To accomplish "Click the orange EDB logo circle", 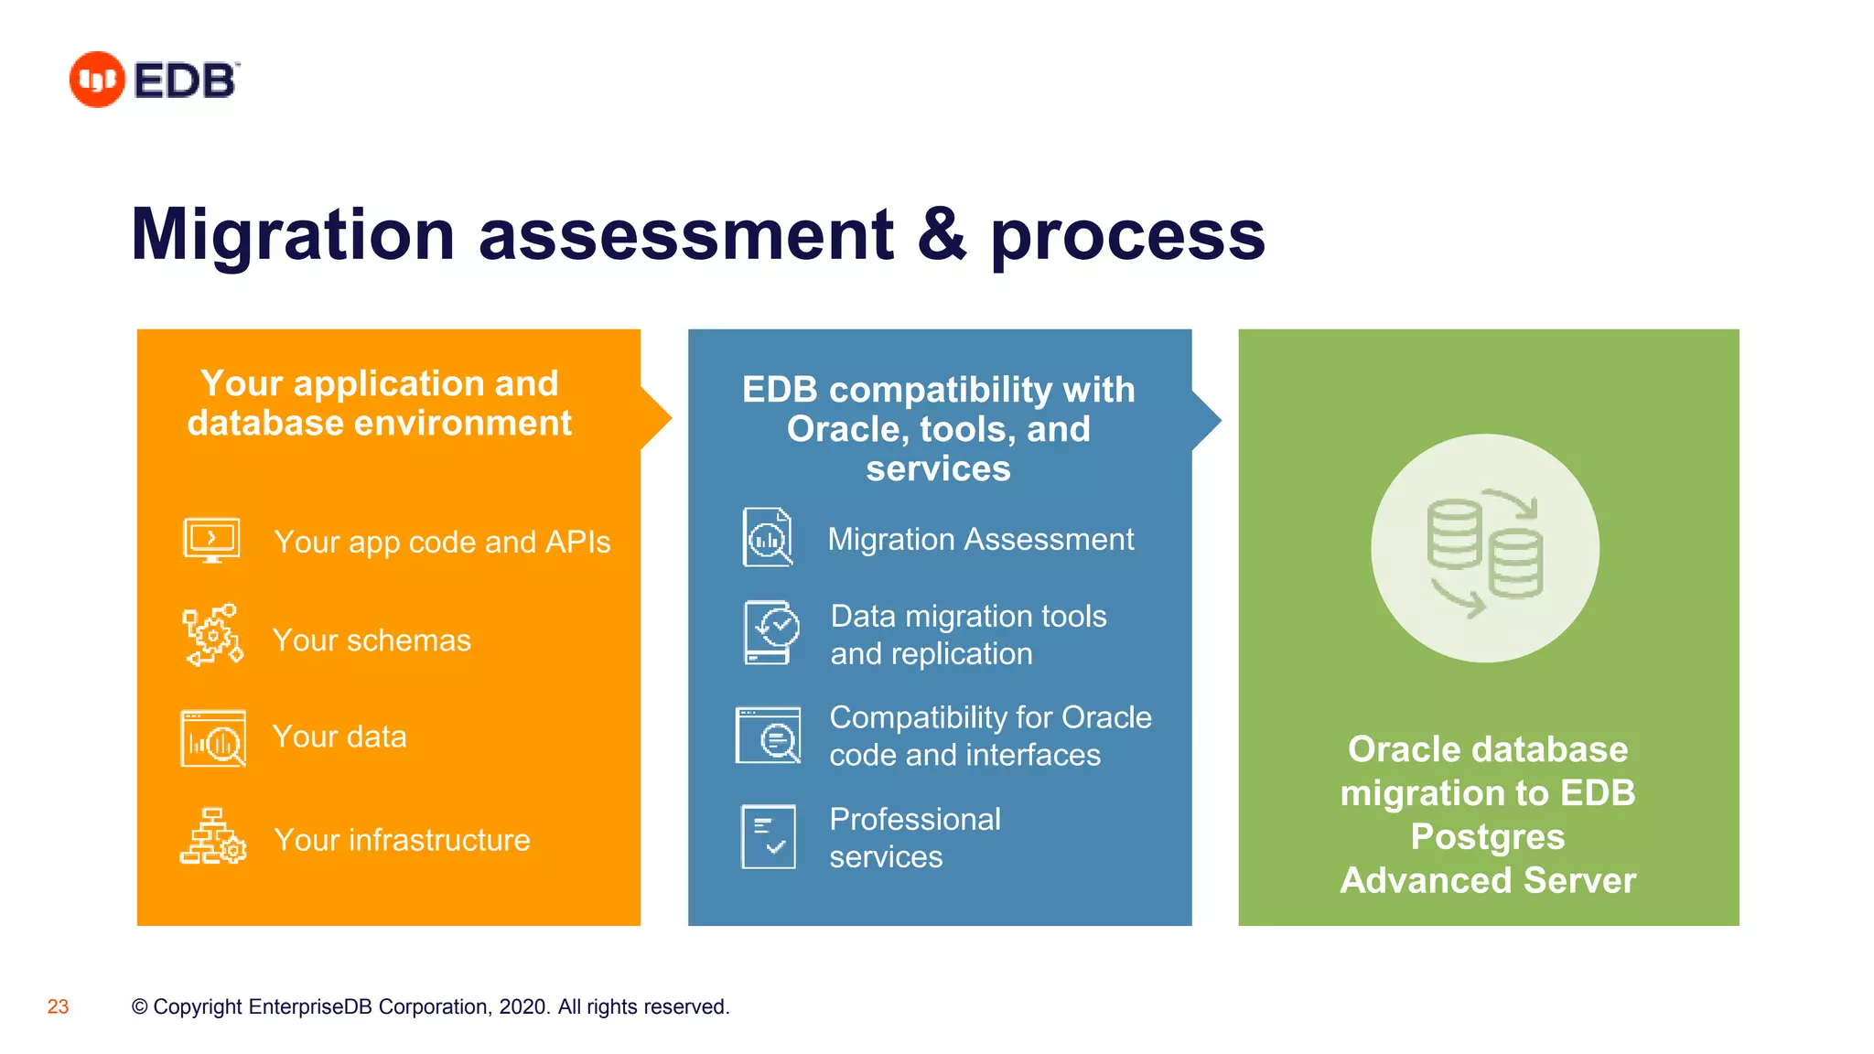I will [96, 80].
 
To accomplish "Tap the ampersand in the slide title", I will [942, 235].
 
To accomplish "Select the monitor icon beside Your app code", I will [211, 540].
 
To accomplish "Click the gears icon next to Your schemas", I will [213, 635].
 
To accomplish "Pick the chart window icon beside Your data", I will [213, 737].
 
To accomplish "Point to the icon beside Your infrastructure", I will [213, 836].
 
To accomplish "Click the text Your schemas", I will [372, 640].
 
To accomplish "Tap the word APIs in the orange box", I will [577, 542].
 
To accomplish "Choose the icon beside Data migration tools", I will [771, 632].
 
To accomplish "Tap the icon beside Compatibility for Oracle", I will [769, 735].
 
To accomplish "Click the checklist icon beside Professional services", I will [768, 836].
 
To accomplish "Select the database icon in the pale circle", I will [1484, 549].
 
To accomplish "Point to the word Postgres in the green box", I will [1487, 836].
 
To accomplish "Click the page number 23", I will [58, 1006].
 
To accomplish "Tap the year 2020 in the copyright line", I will [523, 1006].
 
